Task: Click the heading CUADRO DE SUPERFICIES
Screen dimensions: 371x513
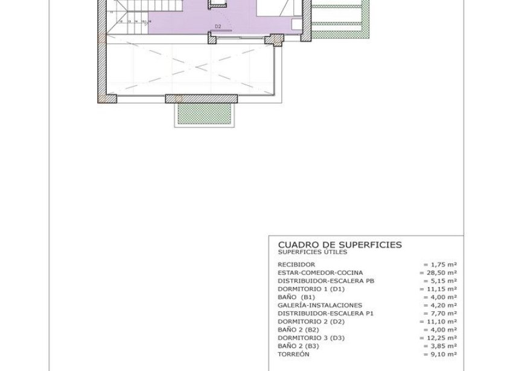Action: [339, 244]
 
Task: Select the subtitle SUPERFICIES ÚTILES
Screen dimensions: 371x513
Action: [312, 251]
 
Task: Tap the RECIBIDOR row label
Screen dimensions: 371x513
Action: [296, 265]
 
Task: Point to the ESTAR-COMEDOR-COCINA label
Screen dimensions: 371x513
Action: [320, 273]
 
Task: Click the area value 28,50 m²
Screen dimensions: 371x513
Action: [438, 273]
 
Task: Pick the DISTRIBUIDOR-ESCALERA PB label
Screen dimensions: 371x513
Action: [327, 281]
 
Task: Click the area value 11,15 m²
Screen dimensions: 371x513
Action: [438, 289]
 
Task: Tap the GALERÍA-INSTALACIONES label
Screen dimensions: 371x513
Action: [320, 306]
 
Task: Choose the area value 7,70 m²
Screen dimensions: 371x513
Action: [440, 314]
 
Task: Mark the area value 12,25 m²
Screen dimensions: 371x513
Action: [438, 338]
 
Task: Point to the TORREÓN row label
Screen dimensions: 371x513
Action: [294, 354]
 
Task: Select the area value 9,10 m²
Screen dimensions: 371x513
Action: [440, 354]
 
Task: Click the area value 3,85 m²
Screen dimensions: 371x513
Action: [440, 346]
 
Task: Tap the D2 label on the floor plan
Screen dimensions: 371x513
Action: [218, 27]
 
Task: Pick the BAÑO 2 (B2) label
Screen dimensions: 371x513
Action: [298, 330]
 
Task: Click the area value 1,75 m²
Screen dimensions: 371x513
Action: [440, 265]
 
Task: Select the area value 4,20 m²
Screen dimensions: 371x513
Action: [440, 306]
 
